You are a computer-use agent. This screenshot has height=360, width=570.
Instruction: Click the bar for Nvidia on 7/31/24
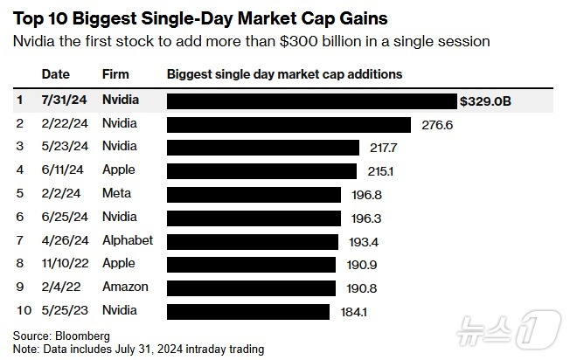pos(312,101)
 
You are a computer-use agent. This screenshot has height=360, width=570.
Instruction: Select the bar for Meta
pos(254,195)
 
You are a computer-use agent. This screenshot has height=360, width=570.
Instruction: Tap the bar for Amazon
pos(251,288)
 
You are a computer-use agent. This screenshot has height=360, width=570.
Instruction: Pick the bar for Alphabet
pos(253,242)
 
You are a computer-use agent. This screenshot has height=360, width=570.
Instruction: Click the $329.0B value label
pos(485,101)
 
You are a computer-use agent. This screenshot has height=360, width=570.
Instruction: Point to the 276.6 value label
pos(437,125)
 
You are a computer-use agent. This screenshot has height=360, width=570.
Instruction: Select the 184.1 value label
pos(354,312)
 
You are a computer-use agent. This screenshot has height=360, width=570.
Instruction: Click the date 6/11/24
pos(63,170)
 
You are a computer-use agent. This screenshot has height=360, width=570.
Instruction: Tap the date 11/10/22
pos(65,263)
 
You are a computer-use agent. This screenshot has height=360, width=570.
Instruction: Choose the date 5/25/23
pos(65,310)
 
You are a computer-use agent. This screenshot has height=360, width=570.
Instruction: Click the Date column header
pos(56,74)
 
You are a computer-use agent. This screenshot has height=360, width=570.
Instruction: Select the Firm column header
pos(115,74)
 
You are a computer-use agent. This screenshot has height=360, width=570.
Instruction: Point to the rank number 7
pos(20,240)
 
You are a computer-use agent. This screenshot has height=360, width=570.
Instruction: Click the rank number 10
pos(24,310)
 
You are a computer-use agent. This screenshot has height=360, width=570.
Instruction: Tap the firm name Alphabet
pos(128,240)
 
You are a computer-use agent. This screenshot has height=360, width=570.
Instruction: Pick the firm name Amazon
pos(125,287)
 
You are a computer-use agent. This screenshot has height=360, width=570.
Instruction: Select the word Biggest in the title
pos(105,19)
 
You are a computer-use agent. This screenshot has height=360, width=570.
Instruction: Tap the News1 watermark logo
pos(509,329)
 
